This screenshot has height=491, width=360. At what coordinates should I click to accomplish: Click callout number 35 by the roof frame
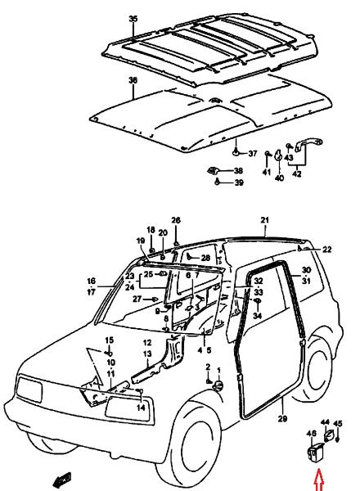click(x=133, y=19)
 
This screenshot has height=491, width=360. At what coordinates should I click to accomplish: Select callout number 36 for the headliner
click(x=133, y=80)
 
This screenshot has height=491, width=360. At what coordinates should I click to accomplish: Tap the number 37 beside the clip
click(x=253, y=154)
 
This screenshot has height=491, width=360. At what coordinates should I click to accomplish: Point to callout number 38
click(x=239, y=171)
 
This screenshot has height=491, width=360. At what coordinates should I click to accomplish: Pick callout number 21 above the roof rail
click(x=265, y=220)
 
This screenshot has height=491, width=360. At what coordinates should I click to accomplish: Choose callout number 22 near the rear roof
click(x=326, y=250)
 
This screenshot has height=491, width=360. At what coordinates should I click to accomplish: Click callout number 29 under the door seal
click(x=282, y=418)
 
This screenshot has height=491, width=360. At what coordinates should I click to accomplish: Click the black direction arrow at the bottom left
click(x=62, y=479)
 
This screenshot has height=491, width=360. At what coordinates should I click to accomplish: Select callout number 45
click(x=337, y=424)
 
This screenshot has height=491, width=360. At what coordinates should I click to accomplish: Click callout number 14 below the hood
click(x=141, y=408)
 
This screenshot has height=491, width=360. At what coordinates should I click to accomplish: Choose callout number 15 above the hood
click(x=110, y=340)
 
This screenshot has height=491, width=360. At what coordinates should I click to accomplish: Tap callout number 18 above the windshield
click(x=151, y=230)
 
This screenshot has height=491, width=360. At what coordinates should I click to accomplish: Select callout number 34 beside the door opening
click(x=258, y=316)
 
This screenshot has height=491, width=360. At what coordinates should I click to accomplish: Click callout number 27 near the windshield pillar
click(x=137, y=299)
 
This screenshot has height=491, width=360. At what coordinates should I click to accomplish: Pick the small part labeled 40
click(x=278, y=155)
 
